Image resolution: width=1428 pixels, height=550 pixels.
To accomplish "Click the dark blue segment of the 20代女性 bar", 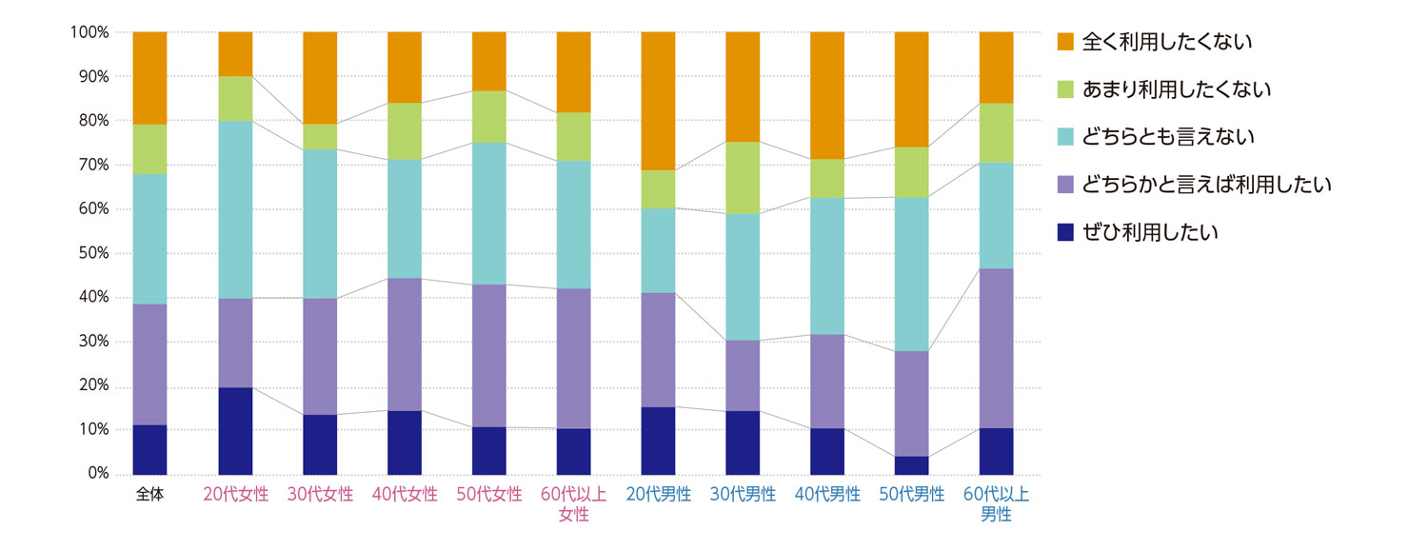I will tap(235, 430).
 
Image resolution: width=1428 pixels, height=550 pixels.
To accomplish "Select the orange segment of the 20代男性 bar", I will tap(658, 101).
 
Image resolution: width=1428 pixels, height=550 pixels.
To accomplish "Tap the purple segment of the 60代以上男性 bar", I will tap(996, 348).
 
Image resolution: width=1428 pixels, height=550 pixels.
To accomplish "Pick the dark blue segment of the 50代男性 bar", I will tap(911, 465).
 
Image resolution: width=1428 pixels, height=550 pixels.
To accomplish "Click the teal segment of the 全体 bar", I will tap(149, 239).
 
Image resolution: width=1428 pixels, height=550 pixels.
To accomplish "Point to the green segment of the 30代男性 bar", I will tap(743, 178).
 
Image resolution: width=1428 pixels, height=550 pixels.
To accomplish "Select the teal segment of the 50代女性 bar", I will tap(489, 213).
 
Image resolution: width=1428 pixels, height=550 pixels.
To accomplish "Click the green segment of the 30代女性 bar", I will tap(320, 137).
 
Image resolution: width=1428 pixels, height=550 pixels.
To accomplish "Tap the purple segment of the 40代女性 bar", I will tap(405, 344).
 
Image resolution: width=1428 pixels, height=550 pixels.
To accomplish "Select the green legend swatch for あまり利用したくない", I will tap(1065, 89).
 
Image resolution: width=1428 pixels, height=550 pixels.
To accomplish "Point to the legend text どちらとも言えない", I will tap(1169, 137).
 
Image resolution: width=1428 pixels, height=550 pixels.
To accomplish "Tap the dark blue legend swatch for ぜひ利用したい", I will tap(1065, 232).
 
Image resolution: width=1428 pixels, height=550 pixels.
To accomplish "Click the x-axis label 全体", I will tap(149, 495).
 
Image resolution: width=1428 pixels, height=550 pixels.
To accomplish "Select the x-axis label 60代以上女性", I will tap(574, 504).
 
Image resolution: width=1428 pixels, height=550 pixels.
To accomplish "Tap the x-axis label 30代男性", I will tap(743, 495).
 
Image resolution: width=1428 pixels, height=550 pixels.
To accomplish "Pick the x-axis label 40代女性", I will tap(405, 495).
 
